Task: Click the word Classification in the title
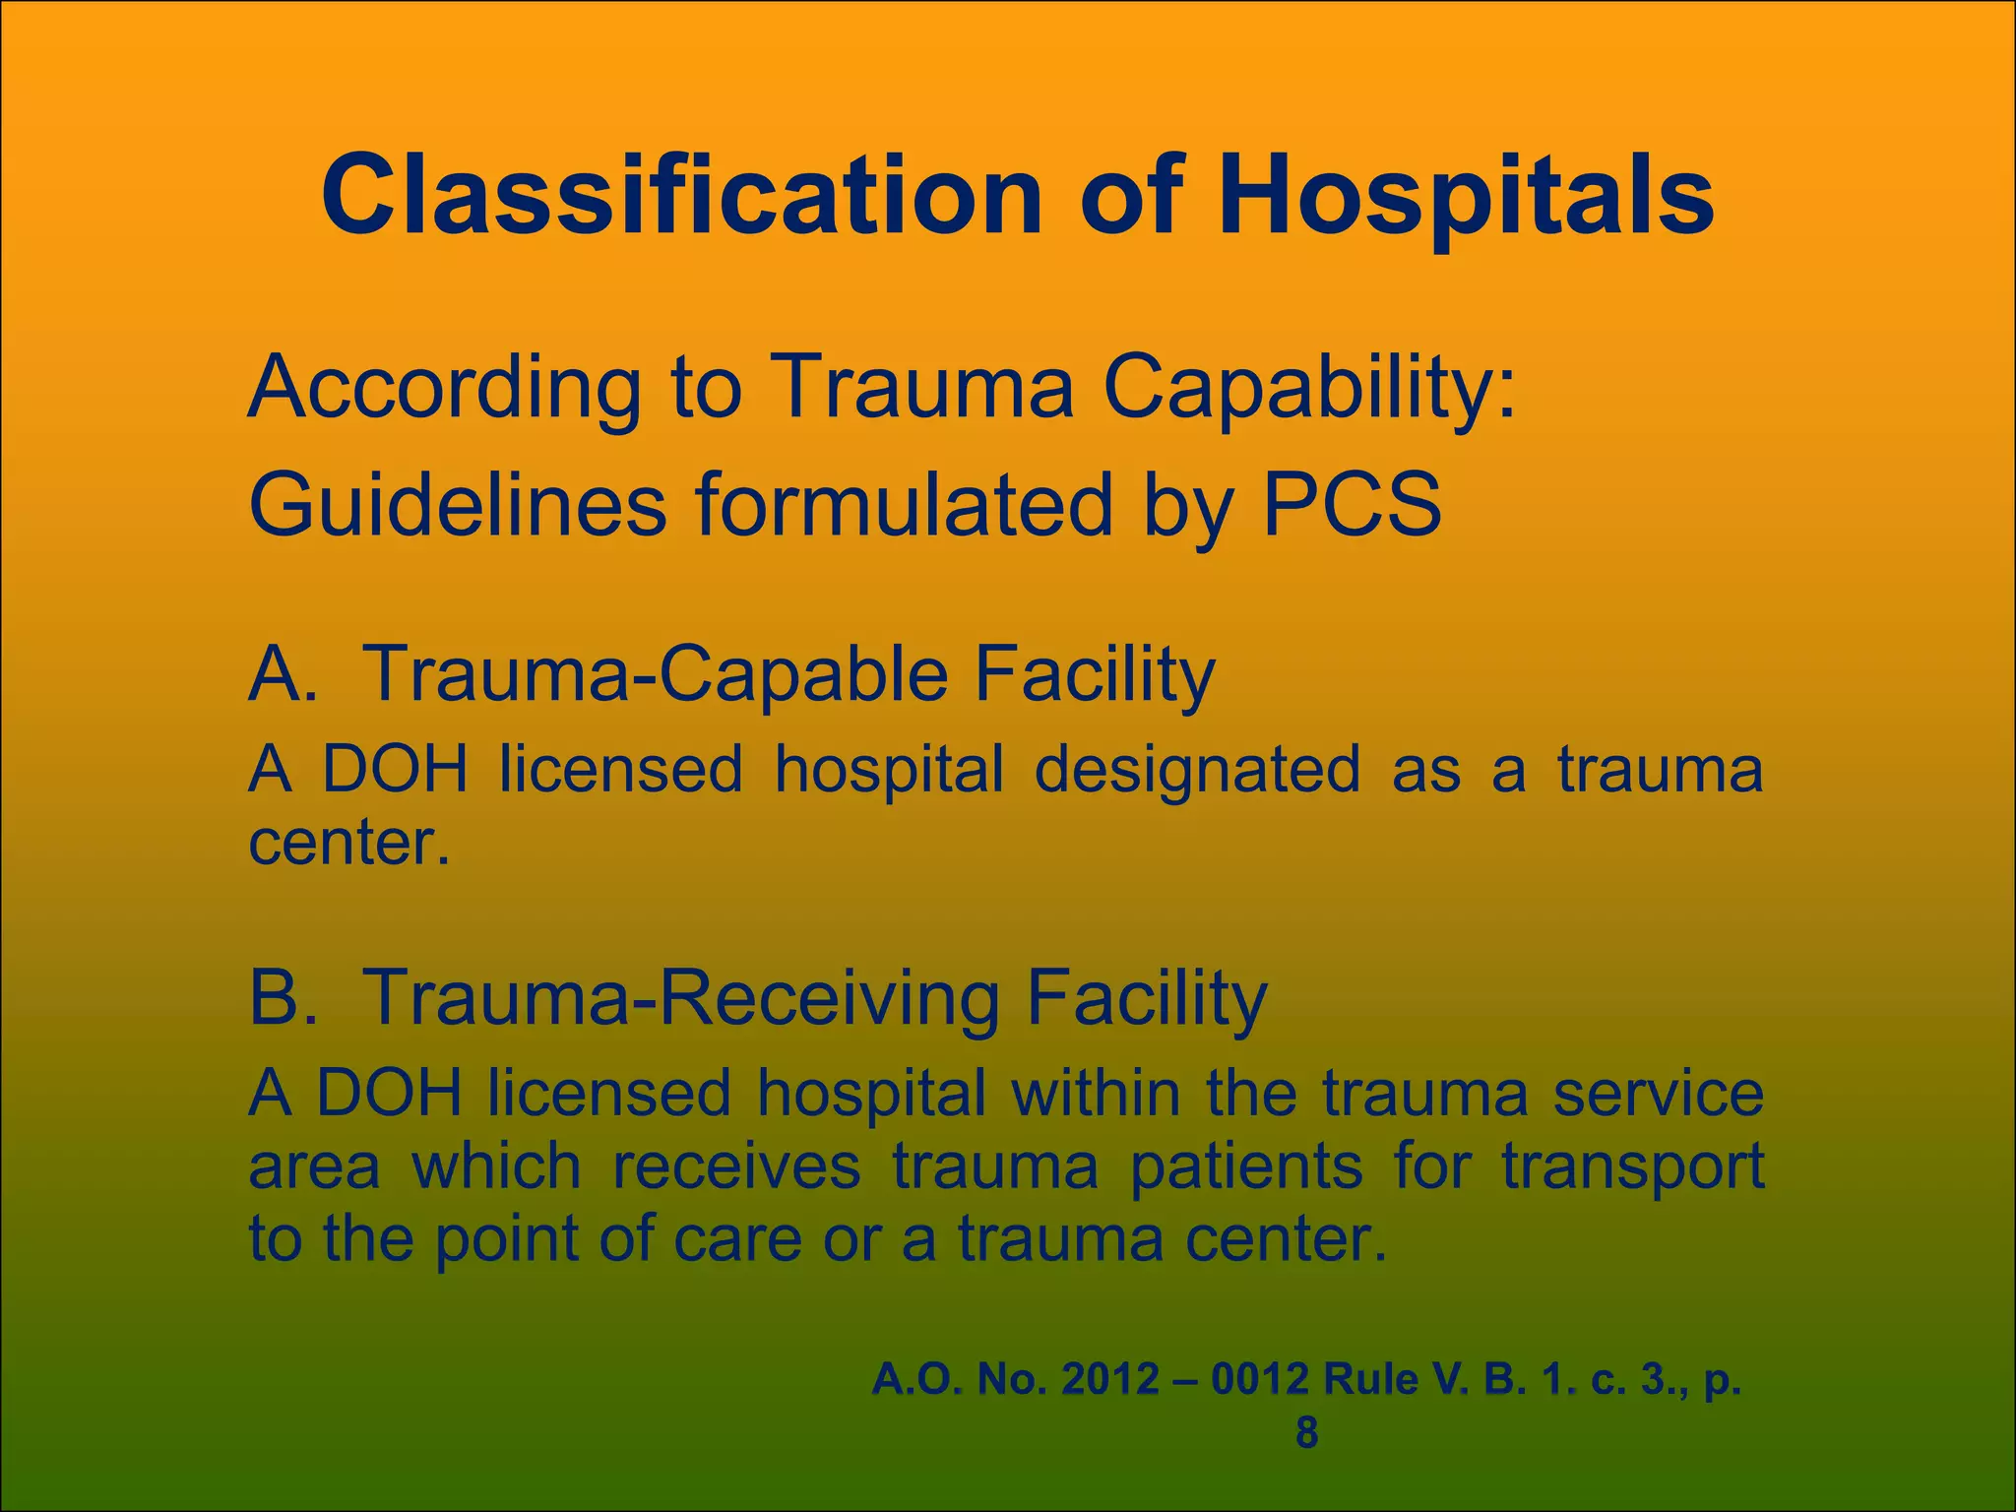(x=680, y=196)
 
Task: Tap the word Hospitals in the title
(x=1466, y=196)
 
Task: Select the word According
(x=444, y=388)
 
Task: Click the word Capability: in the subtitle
(x=1309, y=388)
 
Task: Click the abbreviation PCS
(x=1352, y=505)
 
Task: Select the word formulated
(x=905, y=505)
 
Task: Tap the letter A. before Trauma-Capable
(x=283, y=674)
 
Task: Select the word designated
(x=1197, y=769)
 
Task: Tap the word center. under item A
(x=349, y=843)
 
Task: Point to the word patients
(x=1246, y=1167)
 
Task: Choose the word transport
(x=1631, y=1167)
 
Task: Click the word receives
(x=736, y=1167)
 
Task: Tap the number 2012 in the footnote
(x=1110, y=1380)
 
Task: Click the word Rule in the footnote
(x=1370, y=1380)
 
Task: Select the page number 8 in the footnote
(x=1306, y=1433)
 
